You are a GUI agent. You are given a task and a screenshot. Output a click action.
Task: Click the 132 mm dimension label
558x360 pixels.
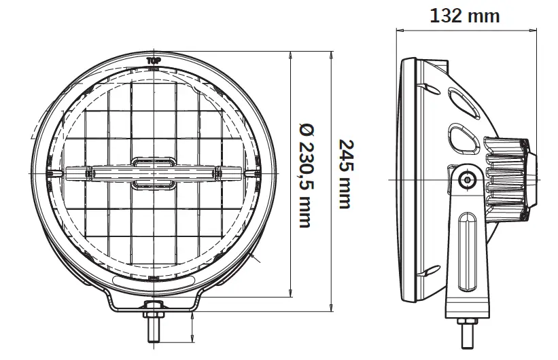coord(465,15)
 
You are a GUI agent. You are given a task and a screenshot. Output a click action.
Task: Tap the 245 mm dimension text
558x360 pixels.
coord(345,175)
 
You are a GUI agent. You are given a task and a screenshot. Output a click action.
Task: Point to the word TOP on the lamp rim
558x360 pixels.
coord(154,60)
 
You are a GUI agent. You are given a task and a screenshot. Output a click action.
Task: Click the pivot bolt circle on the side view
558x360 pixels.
coord(466,180)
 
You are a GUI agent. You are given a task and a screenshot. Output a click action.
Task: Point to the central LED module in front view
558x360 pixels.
coord(153,173)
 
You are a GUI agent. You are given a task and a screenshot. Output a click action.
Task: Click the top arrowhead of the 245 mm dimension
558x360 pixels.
coord(331,53)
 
